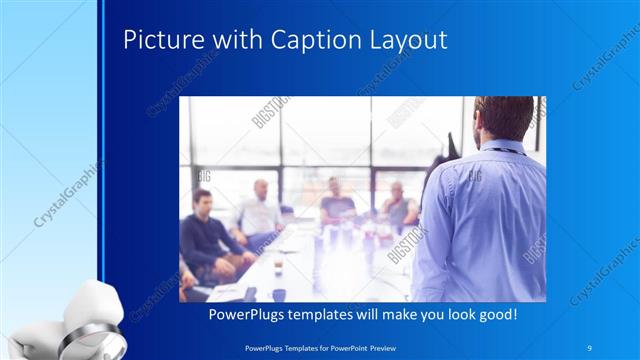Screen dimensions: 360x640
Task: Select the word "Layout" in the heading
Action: click(x=399, y=41)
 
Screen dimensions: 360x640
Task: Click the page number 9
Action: click(x=590, y=345)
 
